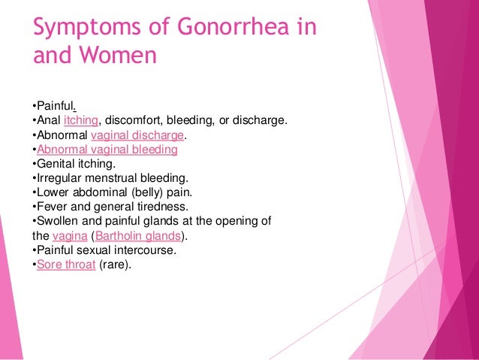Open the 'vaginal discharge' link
137,135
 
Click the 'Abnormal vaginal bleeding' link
107,150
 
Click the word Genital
56,164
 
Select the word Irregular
59,178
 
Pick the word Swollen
59,221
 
